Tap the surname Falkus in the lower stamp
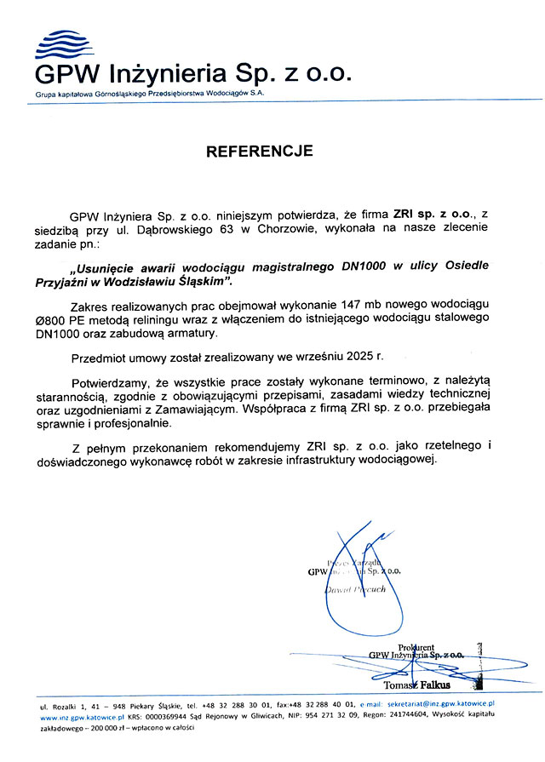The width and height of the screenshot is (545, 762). (x=432, y=685)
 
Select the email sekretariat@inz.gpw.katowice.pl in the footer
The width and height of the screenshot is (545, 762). (x=440, y=706)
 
